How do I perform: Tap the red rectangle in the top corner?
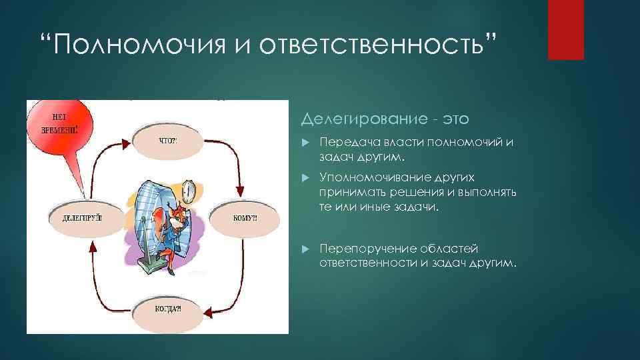[x=565, y=29]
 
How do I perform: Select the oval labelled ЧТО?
[x=167, y=141]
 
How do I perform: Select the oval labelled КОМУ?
[x=243, y=217]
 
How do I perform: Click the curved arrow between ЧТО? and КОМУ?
[x=227, y=160]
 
